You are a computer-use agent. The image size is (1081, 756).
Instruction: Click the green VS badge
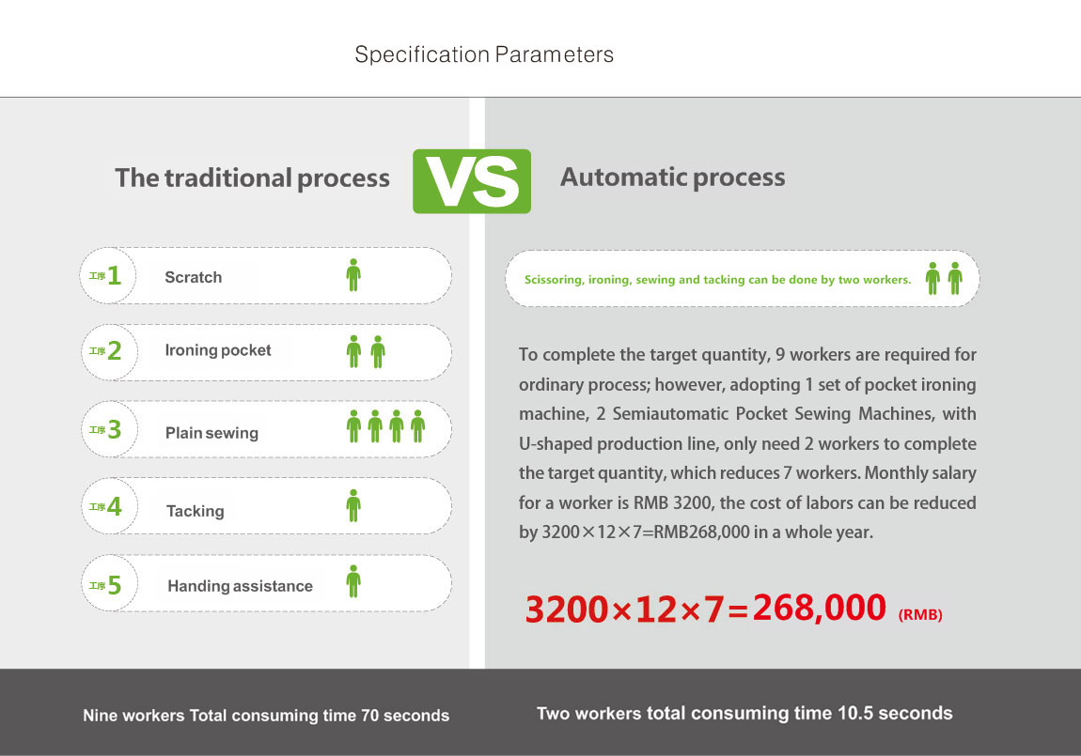click(x=472, y=181)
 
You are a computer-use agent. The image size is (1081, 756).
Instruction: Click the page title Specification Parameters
click(x=484, y=54)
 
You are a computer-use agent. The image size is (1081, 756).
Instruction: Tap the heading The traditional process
click(x=252, y=177)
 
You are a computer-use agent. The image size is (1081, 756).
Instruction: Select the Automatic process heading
click(x=672, y=177)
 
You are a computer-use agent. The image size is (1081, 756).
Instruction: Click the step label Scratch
click(x=193, y=277)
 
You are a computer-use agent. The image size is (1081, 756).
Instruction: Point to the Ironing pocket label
click(x=218, y=350)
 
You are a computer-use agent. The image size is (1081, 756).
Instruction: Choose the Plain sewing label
click(x=211, y=433)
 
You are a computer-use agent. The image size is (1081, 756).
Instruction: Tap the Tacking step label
click(x=196, y=511)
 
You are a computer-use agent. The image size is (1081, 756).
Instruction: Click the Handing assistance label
click(x=240, y=586)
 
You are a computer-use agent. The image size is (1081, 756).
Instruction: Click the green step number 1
click(x=115, y=275)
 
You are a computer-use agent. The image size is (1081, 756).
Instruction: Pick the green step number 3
click(x=115, y=429)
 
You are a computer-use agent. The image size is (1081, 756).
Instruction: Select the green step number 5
click(x=115, y=585)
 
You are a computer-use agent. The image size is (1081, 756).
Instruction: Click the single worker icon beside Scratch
click(x=353, y=275)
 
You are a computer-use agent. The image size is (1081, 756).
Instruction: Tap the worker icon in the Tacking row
click(x=353, y=505)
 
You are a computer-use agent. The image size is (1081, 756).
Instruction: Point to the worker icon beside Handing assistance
click(x=353, y=581)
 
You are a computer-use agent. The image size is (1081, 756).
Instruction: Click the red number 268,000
click(x=819, y=608)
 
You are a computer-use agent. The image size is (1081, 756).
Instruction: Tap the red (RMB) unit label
click(x=920, y=614)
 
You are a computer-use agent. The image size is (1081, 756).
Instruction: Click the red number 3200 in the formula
click(x=568, y=609)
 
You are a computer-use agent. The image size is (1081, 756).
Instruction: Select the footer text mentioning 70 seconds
click(x=266, y=716)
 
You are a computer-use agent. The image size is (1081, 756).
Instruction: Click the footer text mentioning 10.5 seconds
click(x=744, y=714)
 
